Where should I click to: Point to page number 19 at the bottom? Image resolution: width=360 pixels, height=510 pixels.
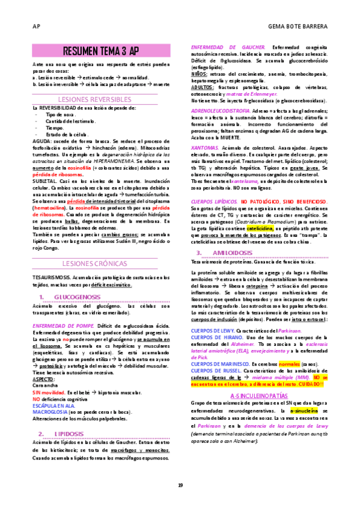pos(180,485)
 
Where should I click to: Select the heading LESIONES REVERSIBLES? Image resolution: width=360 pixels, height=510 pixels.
pos(102,99)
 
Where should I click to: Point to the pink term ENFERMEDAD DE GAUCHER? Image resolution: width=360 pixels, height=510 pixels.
pos(227,47)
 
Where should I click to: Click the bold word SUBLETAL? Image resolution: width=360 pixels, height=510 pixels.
pos(43,180)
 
